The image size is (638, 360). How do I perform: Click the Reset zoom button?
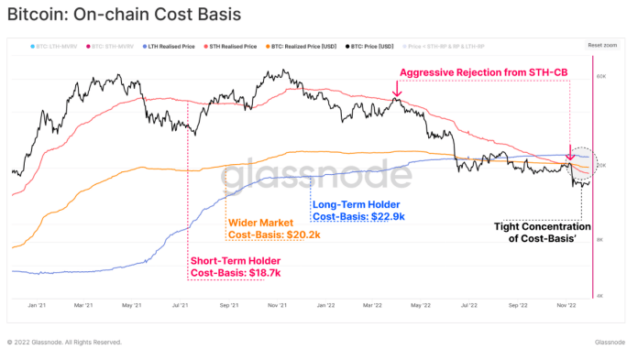coord(600,45)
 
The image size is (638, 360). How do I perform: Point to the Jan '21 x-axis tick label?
coord(38,304)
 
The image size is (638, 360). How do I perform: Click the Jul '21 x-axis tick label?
coord(179,304)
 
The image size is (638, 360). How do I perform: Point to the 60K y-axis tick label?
coord(602,77)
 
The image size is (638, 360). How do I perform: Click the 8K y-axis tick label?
coord(600,238)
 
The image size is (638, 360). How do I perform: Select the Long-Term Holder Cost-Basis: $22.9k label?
coord(358,211)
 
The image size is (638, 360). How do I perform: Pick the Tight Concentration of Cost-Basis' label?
coord(543,233)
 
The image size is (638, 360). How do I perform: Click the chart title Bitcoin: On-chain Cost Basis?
coord(124,15)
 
